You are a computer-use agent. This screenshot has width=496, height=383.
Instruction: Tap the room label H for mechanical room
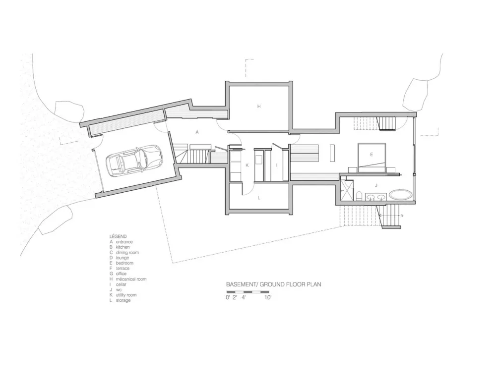258,106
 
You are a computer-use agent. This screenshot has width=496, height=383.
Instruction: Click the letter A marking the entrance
197,132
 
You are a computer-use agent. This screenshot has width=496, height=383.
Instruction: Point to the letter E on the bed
371,155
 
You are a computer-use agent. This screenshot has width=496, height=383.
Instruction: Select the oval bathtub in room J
400,194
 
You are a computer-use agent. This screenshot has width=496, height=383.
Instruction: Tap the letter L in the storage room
258,198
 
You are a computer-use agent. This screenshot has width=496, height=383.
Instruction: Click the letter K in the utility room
247,165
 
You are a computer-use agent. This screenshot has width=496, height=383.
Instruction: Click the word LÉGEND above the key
118,236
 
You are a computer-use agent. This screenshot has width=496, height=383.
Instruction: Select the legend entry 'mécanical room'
131,279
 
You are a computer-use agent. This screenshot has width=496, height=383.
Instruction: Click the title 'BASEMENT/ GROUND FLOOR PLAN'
273,285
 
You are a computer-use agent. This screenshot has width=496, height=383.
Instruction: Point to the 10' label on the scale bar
268,298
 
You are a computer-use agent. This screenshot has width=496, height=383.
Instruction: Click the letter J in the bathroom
376,185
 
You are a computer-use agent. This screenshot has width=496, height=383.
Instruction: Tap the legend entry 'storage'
123,300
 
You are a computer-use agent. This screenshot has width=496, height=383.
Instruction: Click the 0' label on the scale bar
228,298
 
